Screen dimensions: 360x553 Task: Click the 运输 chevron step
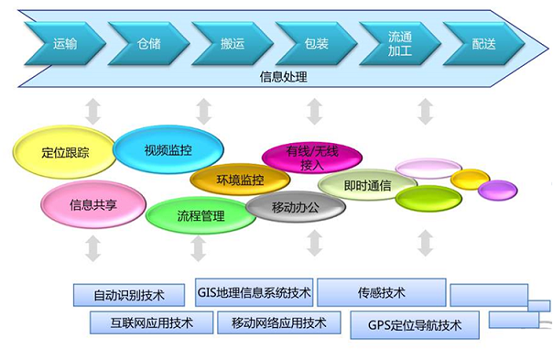point(64,43)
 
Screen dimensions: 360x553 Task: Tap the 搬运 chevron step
point(232,43)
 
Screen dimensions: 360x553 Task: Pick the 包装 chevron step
point(315,43)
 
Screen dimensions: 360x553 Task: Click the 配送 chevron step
point(483,43)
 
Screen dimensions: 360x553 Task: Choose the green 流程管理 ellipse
point(200,215)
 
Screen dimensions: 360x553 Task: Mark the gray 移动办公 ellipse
point(296,207)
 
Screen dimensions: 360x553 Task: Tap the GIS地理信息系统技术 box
point(254,292)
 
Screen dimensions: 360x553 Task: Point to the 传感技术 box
point(381,293)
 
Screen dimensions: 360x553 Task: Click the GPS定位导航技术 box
point(410,323)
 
